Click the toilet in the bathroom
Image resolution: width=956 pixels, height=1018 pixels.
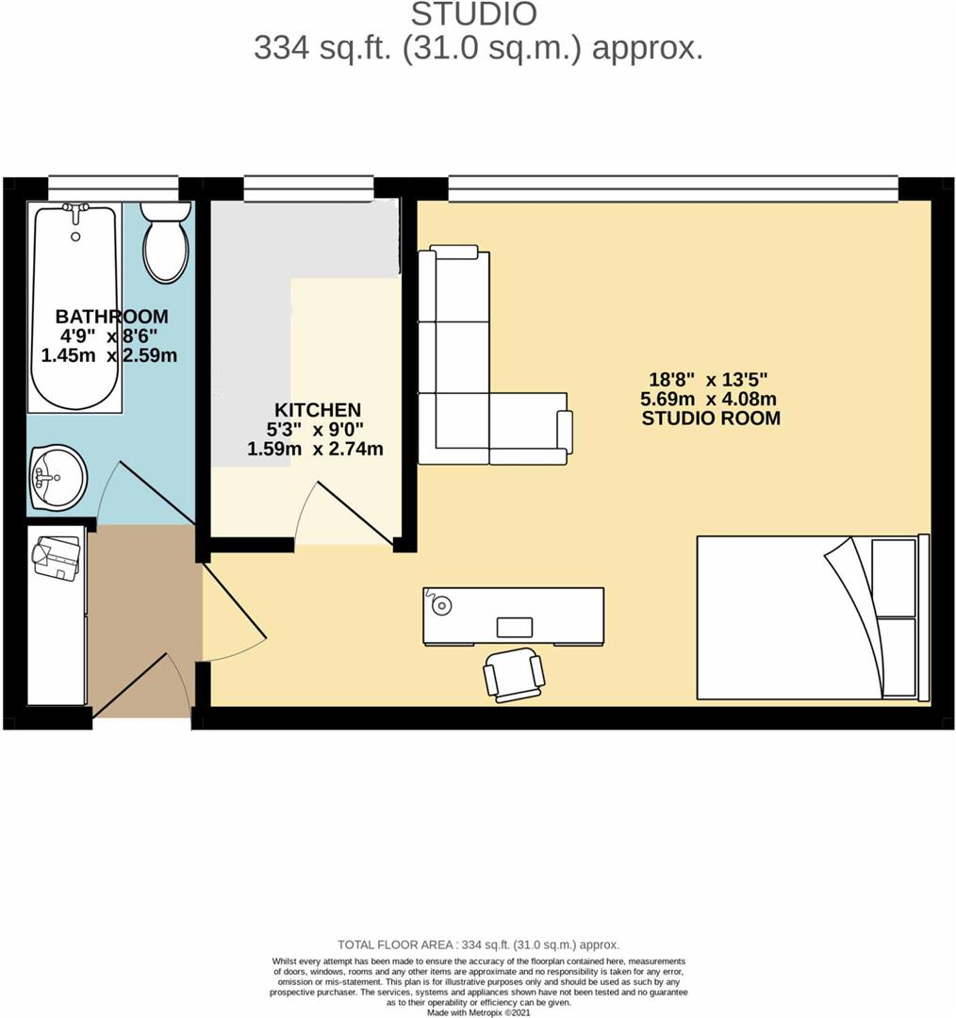point(166,243)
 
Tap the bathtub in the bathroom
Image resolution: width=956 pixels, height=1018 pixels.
point(75,306)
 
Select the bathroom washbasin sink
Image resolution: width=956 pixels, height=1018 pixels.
point(58,477)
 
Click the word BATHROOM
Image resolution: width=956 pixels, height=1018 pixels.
point(111,316)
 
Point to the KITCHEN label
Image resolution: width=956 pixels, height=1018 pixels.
point(317,410)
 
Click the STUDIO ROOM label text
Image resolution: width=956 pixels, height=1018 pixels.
point(711,419)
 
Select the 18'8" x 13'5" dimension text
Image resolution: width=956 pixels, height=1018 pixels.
point(711,379)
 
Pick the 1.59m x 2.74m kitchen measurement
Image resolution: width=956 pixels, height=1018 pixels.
point(315,450)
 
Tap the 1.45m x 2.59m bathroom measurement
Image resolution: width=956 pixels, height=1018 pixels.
point(109,355)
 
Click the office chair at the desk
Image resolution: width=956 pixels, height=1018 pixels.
point(514,674)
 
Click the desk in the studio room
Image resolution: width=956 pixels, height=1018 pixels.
point(514,616)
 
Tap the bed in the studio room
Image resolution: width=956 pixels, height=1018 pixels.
point(811,617)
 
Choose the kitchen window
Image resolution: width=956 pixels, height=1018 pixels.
point(307,189)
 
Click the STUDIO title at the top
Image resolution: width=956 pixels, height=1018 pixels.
point(475,14)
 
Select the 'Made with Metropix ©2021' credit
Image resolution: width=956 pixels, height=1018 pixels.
point(478,1011)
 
